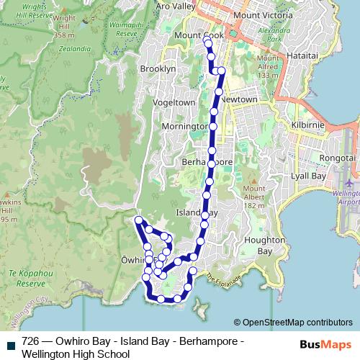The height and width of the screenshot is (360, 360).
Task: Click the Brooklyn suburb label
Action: (x=158, y=68)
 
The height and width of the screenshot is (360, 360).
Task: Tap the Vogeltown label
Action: (x=174, y=102)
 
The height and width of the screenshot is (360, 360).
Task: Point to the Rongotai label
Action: (x=335, y=158)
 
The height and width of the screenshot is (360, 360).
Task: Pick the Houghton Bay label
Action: (x=258, y=246)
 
